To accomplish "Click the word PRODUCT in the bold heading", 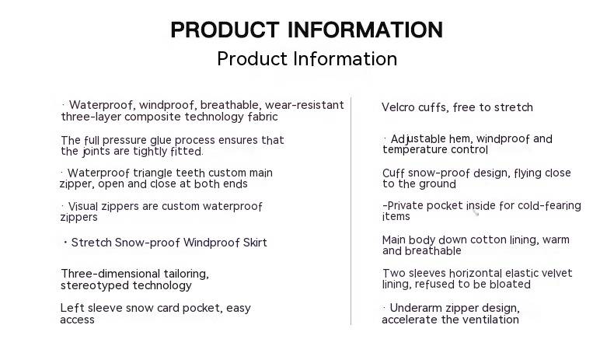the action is tap(225, 30).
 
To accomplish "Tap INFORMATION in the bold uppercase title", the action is tap(365, 30).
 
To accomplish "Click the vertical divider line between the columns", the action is tap(351, 211).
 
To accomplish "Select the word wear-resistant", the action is tap(304, 105).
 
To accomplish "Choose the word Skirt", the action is tap(255, 243).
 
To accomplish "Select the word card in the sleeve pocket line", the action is tap(167, 308).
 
